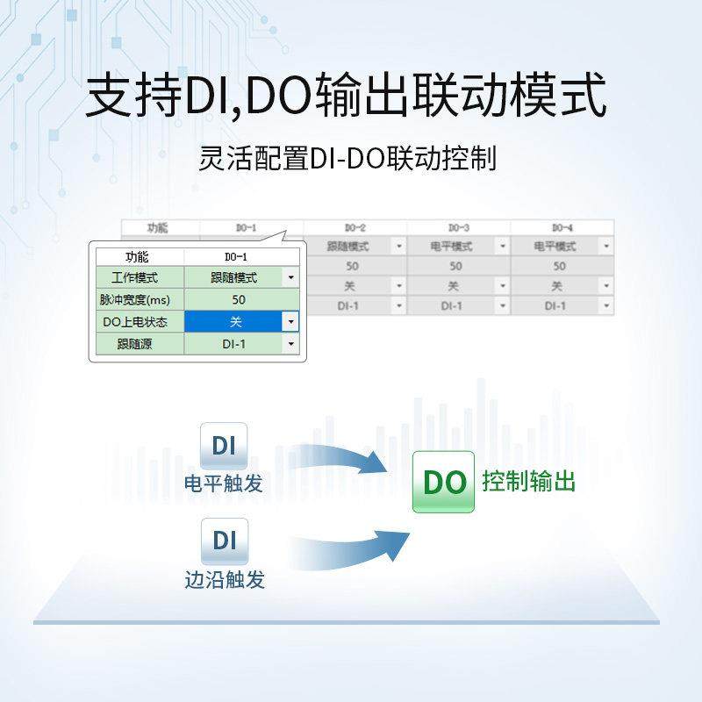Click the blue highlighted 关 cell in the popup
tap(233, 322)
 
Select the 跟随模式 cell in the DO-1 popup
tap(233, 277)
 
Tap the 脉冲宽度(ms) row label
tap(138, 299)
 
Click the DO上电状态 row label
tap(138, 322)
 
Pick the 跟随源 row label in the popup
tap(138, 344)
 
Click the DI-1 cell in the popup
tap(233, 344)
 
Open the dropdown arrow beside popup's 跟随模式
tap(291, 277)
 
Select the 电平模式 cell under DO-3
tap(451, 247)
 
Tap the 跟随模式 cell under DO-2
tap(349, 247)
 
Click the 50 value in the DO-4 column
tap(559, 266)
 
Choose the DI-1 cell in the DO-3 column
tap(451, 305)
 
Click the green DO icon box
tap(443, 482)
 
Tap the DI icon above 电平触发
tap(224, 445)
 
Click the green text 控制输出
tap(528, 482)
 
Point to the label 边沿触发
tap(224, 580)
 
